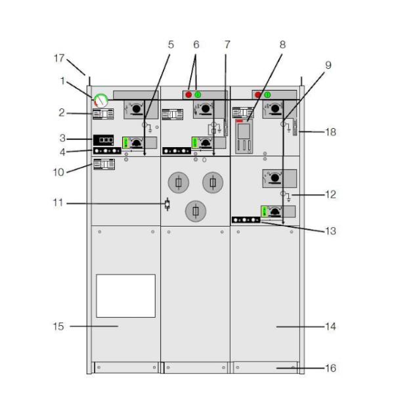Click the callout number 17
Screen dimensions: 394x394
point(59,58)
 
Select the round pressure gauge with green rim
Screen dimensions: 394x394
point(101,100)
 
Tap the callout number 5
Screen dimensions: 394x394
point(171,45)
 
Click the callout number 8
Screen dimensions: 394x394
point(282,45)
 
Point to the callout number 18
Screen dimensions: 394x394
point(330,132)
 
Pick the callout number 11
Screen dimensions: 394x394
point(58,203)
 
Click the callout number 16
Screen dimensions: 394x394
point(330,368)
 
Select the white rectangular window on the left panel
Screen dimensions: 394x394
point(125,296)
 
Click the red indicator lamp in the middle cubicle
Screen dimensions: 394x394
point(188,95)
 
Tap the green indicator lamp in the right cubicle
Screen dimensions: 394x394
point(267,95)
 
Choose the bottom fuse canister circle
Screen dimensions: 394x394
point(196,211)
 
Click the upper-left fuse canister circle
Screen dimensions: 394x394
point(179,183)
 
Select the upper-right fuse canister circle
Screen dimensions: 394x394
point(213,183)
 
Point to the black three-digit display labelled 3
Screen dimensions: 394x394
point(103,140)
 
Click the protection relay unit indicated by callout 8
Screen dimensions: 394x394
point(244,137)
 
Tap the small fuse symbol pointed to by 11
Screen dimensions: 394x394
point(167,204)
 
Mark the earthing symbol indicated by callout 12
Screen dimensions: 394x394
point(286,196)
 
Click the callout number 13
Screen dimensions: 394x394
point(330,231)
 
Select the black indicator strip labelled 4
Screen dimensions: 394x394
point(107,151)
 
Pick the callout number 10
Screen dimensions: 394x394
point(58,172)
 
